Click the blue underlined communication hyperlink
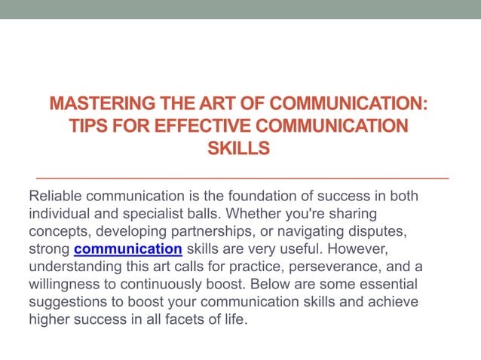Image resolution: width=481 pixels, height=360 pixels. click(x=128, y=249)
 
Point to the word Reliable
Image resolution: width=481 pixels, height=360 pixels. click(x=57, y=196)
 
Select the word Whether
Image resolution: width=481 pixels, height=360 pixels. click(x=260, y=214)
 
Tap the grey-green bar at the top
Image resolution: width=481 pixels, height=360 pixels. click(x=240, y=9)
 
